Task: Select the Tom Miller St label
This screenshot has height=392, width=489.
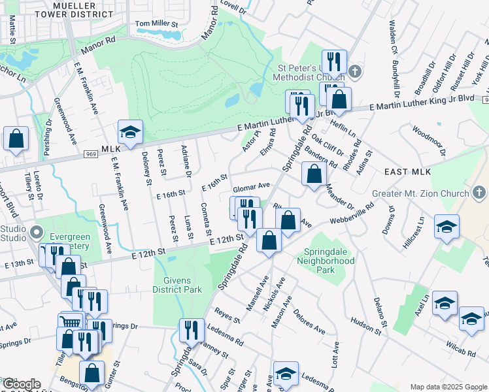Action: [156, 24]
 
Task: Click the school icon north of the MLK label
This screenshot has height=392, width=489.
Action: [129, 133]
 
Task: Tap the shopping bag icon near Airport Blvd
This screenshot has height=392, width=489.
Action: [16, 139]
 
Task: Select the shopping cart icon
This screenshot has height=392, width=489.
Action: [71, 322]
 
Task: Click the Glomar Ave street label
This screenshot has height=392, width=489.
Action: [252, 186]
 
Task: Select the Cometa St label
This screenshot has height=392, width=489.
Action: [207, 218]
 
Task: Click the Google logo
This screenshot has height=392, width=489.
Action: [21, 385]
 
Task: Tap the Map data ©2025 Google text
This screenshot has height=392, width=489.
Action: [448, 387]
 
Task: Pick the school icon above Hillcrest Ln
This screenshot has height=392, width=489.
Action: [447, 226]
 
